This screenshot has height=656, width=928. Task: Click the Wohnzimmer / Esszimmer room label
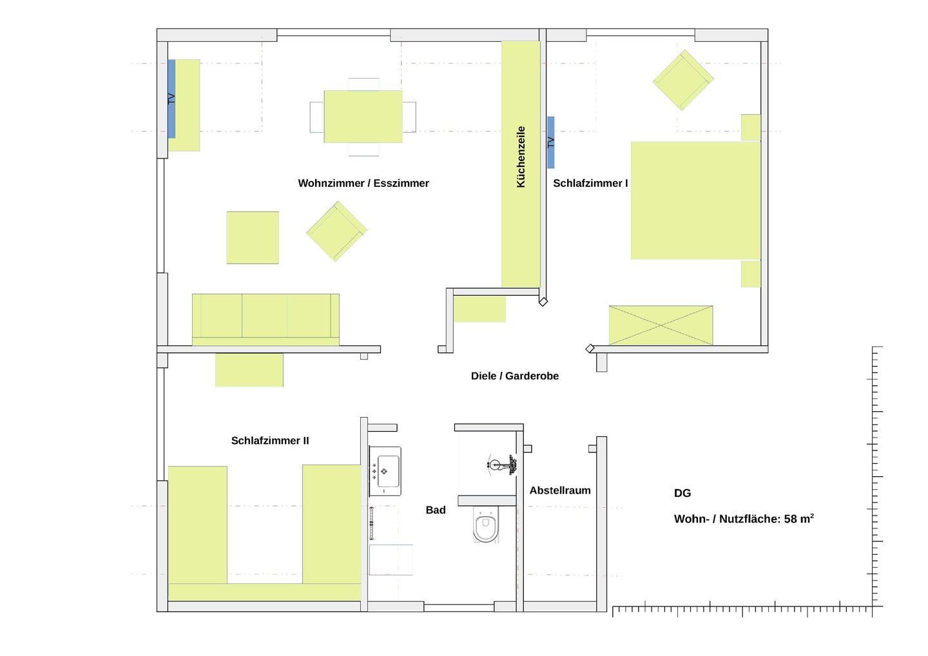tap(363, 183)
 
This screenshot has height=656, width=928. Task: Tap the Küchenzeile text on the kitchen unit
tap(521, 157)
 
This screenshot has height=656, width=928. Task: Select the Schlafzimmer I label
tap(590, 183)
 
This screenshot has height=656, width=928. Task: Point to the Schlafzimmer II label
tap(270, 441)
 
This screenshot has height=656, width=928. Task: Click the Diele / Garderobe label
tap(515, 376)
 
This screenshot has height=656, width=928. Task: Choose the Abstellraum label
tap(560, 490)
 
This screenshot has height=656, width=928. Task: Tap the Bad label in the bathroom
tap(436, 510)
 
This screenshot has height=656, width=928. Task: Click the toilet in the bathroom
tap(485, 525)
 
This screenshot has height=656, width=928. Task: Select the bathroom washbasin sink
tap(385, 471)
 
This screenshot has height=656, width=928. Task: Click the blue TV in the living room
tap(171, 99)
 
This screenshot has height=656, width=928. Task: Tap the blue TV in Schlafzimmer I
tap(551, 142)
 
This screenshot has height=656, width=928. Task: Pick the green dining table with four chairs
tap(363, 117)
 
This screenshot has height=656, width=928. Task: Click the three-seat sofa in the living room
tap(266, 320)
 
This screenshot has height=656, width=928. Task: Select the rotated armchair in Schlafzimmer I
tap(683, 81)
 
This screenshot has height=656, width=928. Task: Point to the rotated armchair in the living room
tap(337, 231)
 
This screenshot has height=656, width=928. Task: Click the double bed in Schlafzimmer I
tap(695, 200)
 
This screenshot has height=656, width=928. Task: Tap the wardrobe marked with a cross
tap(661, 325)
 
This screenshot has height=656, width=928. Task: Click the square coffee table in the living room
tap(253, 238)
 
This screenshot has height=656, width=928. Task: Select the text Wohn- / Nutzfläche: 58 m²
tap(744, 519)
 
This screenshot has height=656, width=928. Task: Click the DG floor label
tap(682, 493)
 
